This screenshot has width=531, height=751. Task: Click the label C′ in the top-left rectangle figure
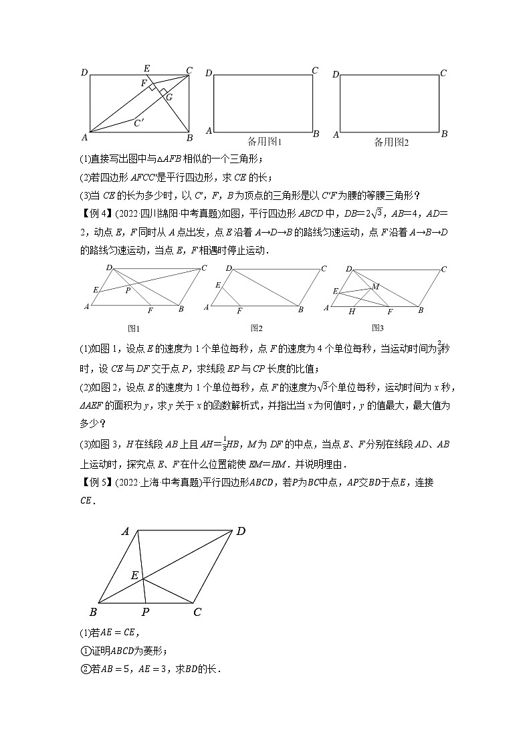(x=139, y=122)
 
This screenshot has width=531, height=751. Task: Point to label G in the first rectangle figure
(x=169, y=97)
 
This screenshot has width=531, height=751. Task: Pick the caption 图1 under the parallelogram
(x=133, y=328)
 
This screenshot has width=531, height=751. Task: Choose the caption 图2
(x=256, y=328)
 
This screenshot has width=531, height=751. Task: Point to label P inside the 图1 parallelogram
(x=127, y=290)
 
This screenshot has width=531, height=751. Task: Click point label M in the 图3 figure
(x=375, y=286)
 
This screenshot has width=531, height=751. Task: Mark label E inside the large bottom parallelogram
(x=134, y=575)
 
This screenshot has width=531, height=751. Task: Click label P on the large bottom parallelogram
(x=144, y=612)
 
